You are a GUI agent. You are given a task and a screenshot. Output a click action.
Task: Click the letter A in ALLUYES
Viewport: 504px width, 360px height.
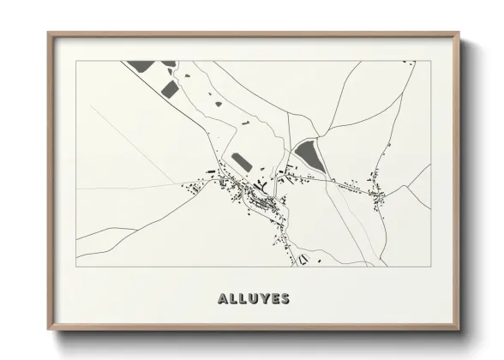pos(225,299)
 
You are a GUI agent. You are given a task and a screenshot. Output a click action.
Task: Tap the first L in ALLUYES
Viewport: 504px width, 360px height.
pos(235,299)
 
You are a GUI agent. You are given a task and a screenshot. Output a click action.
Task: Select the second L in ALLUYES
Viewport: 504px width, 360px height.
pos(244,299)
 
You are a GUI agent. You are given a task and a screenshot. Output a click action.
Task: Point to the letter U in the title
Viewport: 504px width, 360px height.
pos(255,299)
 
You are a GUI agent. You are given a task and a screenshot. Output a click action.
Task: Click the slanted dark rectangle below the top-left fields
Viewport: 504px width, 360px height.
pos(170,89)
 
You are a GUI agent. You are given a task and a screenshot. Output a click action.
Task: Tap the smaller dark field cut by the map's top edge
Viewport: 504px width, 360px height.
pos(169,63)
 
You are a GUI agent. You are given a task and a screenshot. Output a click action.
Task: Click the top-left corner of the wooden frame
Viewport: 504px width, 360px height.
pos(49,34)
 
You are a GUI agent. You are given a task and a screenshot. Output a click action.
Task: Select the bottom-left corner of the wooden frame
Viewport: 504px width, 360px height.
pos(49,329)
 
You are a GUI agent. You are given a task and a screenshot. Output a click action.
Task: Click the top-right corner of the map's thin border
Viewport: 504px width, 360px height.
pos(429,61)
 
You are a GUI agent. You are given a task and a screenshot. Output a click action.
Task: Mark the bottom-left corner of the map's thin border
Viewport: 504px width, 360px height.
pos(77,266)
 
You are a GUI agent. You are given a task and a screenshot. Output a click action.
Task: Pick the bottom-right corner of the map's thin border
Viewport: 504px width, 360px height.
pos(429,266)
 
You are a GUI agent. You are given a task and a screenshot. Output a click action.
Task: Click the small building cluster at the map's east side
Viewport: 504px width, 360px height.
pos(376,195)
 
